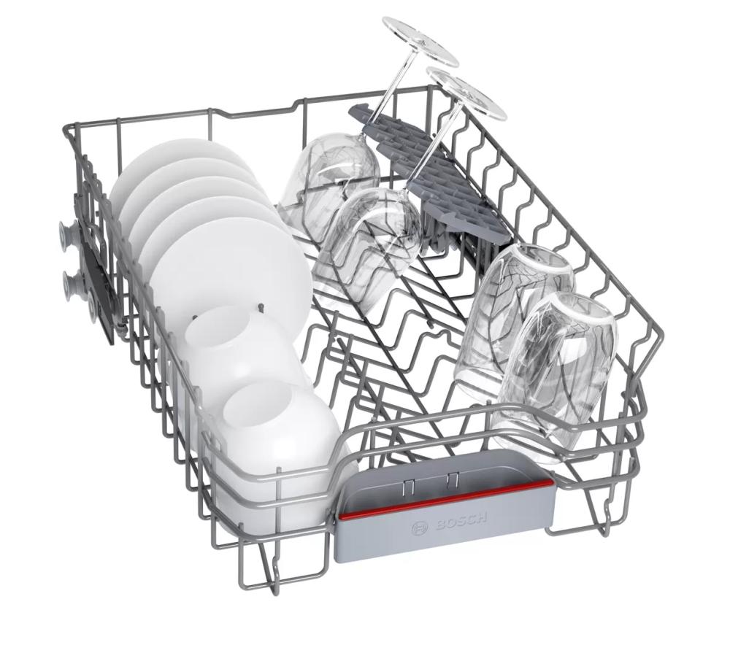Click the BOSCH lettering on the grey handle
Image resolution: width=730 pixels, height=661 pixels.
click(462, 520)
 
